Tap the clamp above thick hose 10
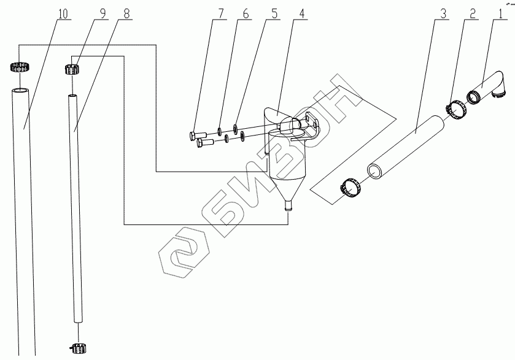pyautogui.click(x=20, y=67)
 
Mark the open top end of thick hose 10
pyautogui.click(x=20, y=90)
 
